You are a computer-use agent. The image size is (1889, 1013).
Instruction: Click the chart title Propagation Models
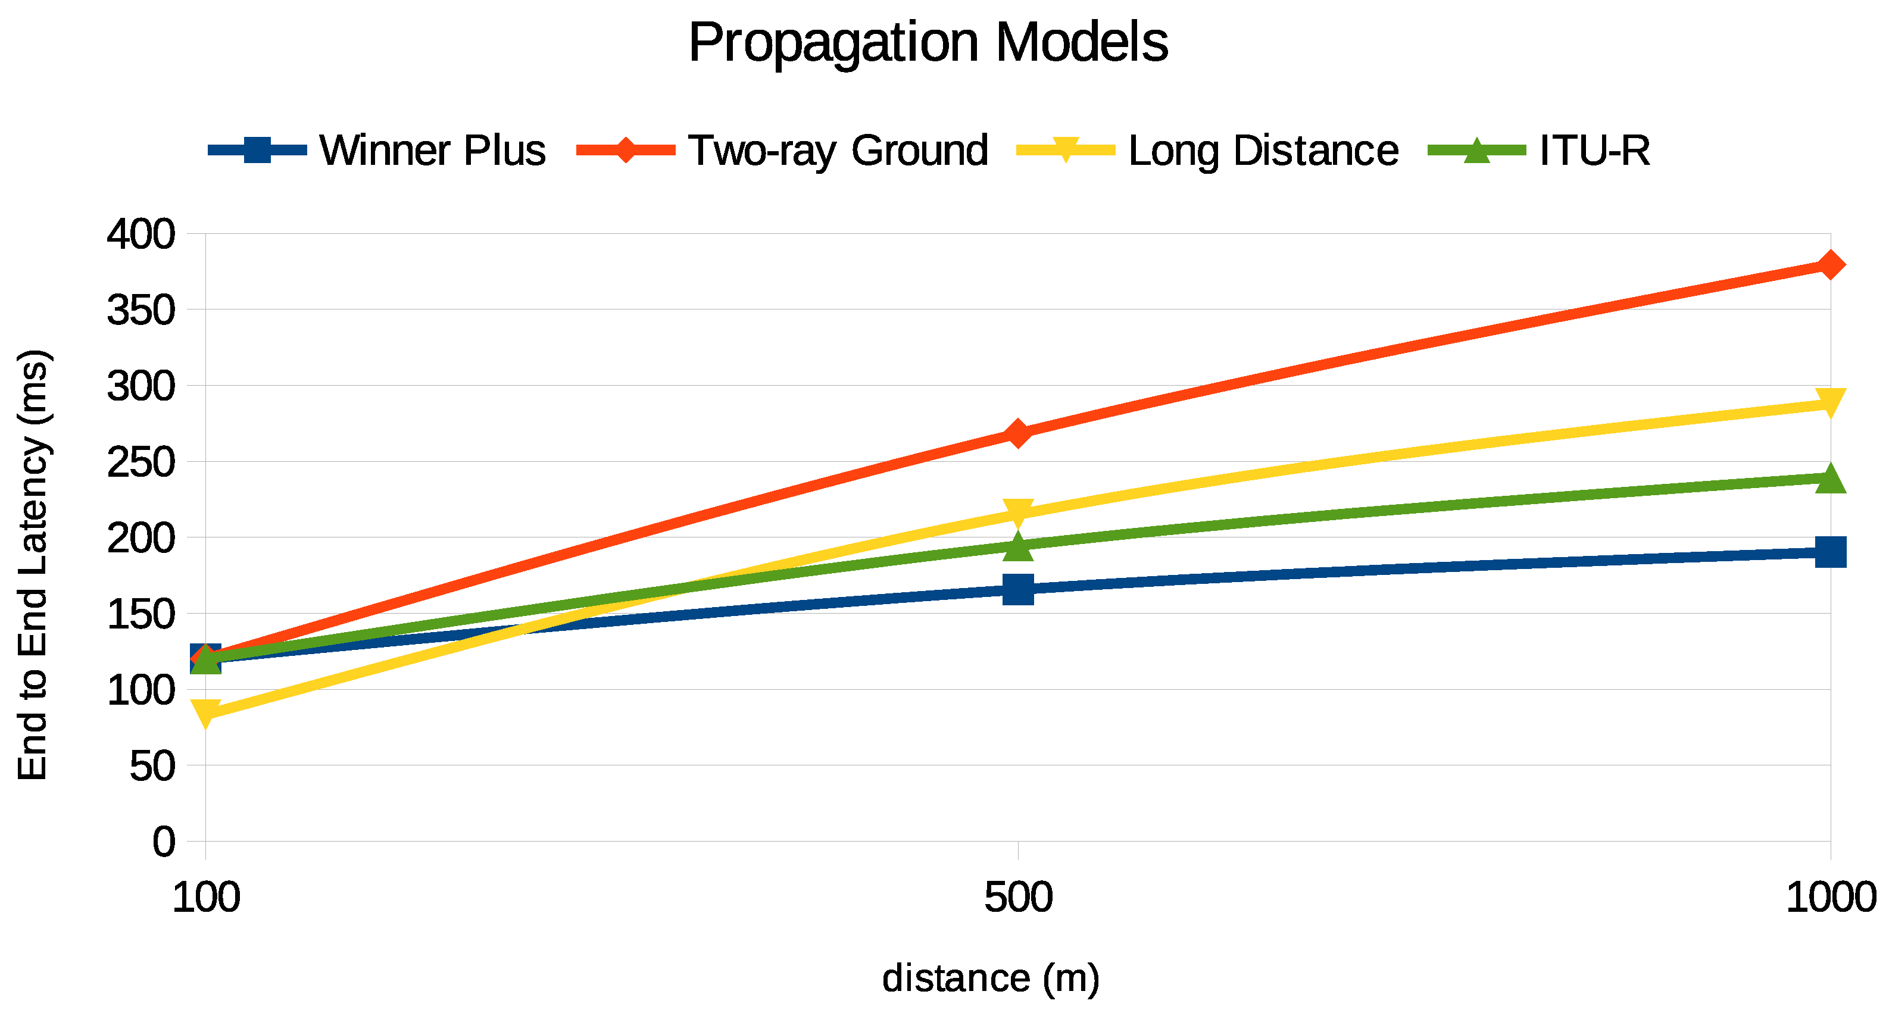point(928,42)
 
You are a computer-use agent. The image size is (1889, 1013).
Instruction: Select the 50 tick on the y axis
point(152,766)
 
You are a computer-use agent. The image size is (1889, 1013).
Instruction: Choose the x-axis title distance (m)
point(991,978)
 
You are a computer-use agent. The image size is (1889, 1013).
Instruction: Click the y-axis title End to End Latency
point(33,564)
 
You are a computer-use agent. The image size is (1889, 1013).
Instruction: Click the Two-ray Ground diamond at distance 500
point(1018,434)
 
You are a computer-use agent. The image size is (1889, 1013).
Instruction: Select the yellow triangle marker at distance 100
point(205,712)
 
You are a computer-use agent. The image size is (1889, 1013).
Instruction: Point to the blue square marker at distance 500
point(1018,589)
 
